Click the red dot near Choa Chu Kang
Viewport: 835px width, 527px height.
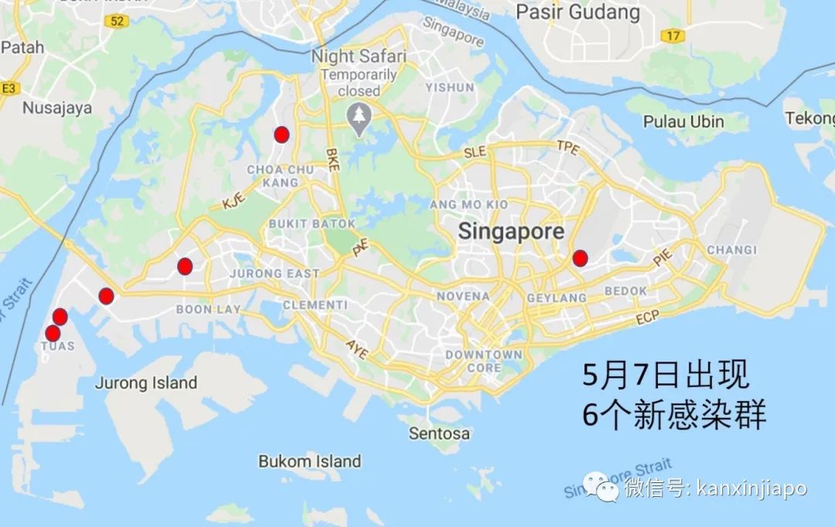pyautogui.click(x=281, y=134)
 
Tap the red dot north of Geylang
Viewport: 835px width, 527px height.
pyautogui.click(x=580, y=258)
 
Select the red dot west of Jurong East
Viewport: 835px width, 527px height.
pyautogui.click(x=184, y=267)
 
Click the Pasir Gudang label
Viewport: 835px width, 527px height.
pyautogui.click(x=578, y=12)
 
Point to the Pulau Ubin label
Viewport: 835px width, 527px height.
pyautogui.click(x=684, y=121)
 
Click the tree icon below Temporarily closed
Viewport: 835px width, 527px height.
pyautogui.click(x=360, y=116)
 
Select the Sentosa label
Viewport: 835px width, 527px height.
pyautogui.click(x=439, y=433)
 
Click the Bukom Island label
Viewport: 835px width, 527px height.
pyautogui.click(x=309, y=461)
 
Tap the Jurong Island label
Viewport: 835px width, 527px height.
pyautogui.click(x=146, y=382)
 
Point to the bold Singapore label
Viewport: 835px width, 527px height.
pyautogui.click(x=511, y=231)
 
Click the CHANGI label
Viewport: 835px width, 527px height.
pyautogui.click(x=731, y=250)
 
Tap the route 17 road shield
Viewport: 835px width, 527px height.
pyautogui.click(x=673, y=36)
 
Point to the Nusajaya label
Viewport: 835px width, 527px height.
pyautogui.click(x=56, y=107)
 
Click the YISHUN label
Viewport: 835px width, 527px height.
pyautogui.click(x=449, y=87)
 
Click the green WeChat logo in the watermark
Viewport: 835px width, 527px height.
pyautogui.click(x=601, y=488)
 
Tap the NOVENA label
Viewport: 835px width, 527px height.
pyautogui.click(x=463, y=296)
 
